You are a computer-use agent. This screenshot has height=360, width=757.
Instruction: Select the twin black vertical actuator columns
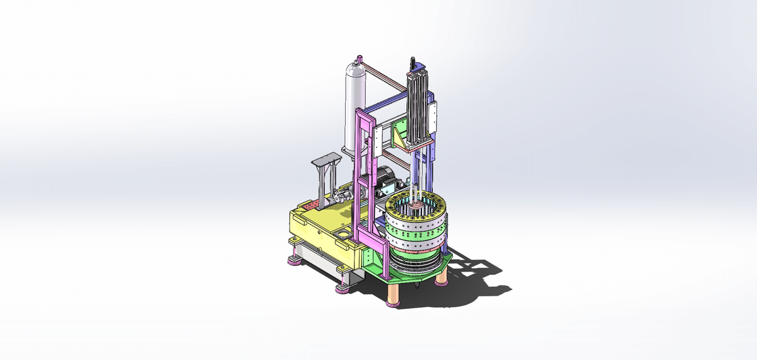pos(416,107)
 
